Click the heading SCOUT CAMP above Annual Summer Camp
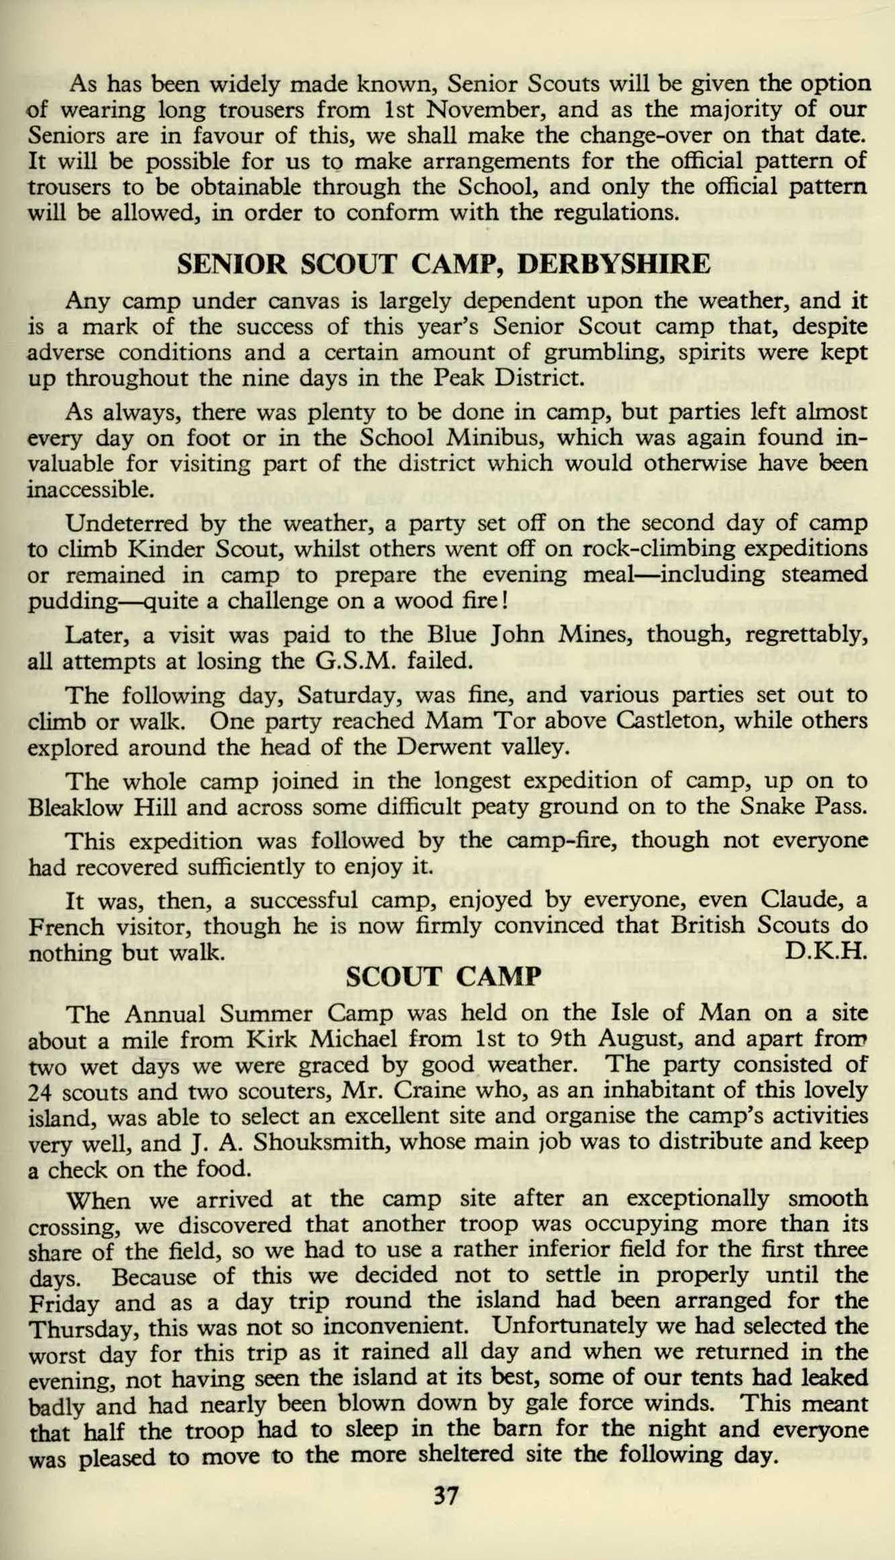[446, 976]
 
